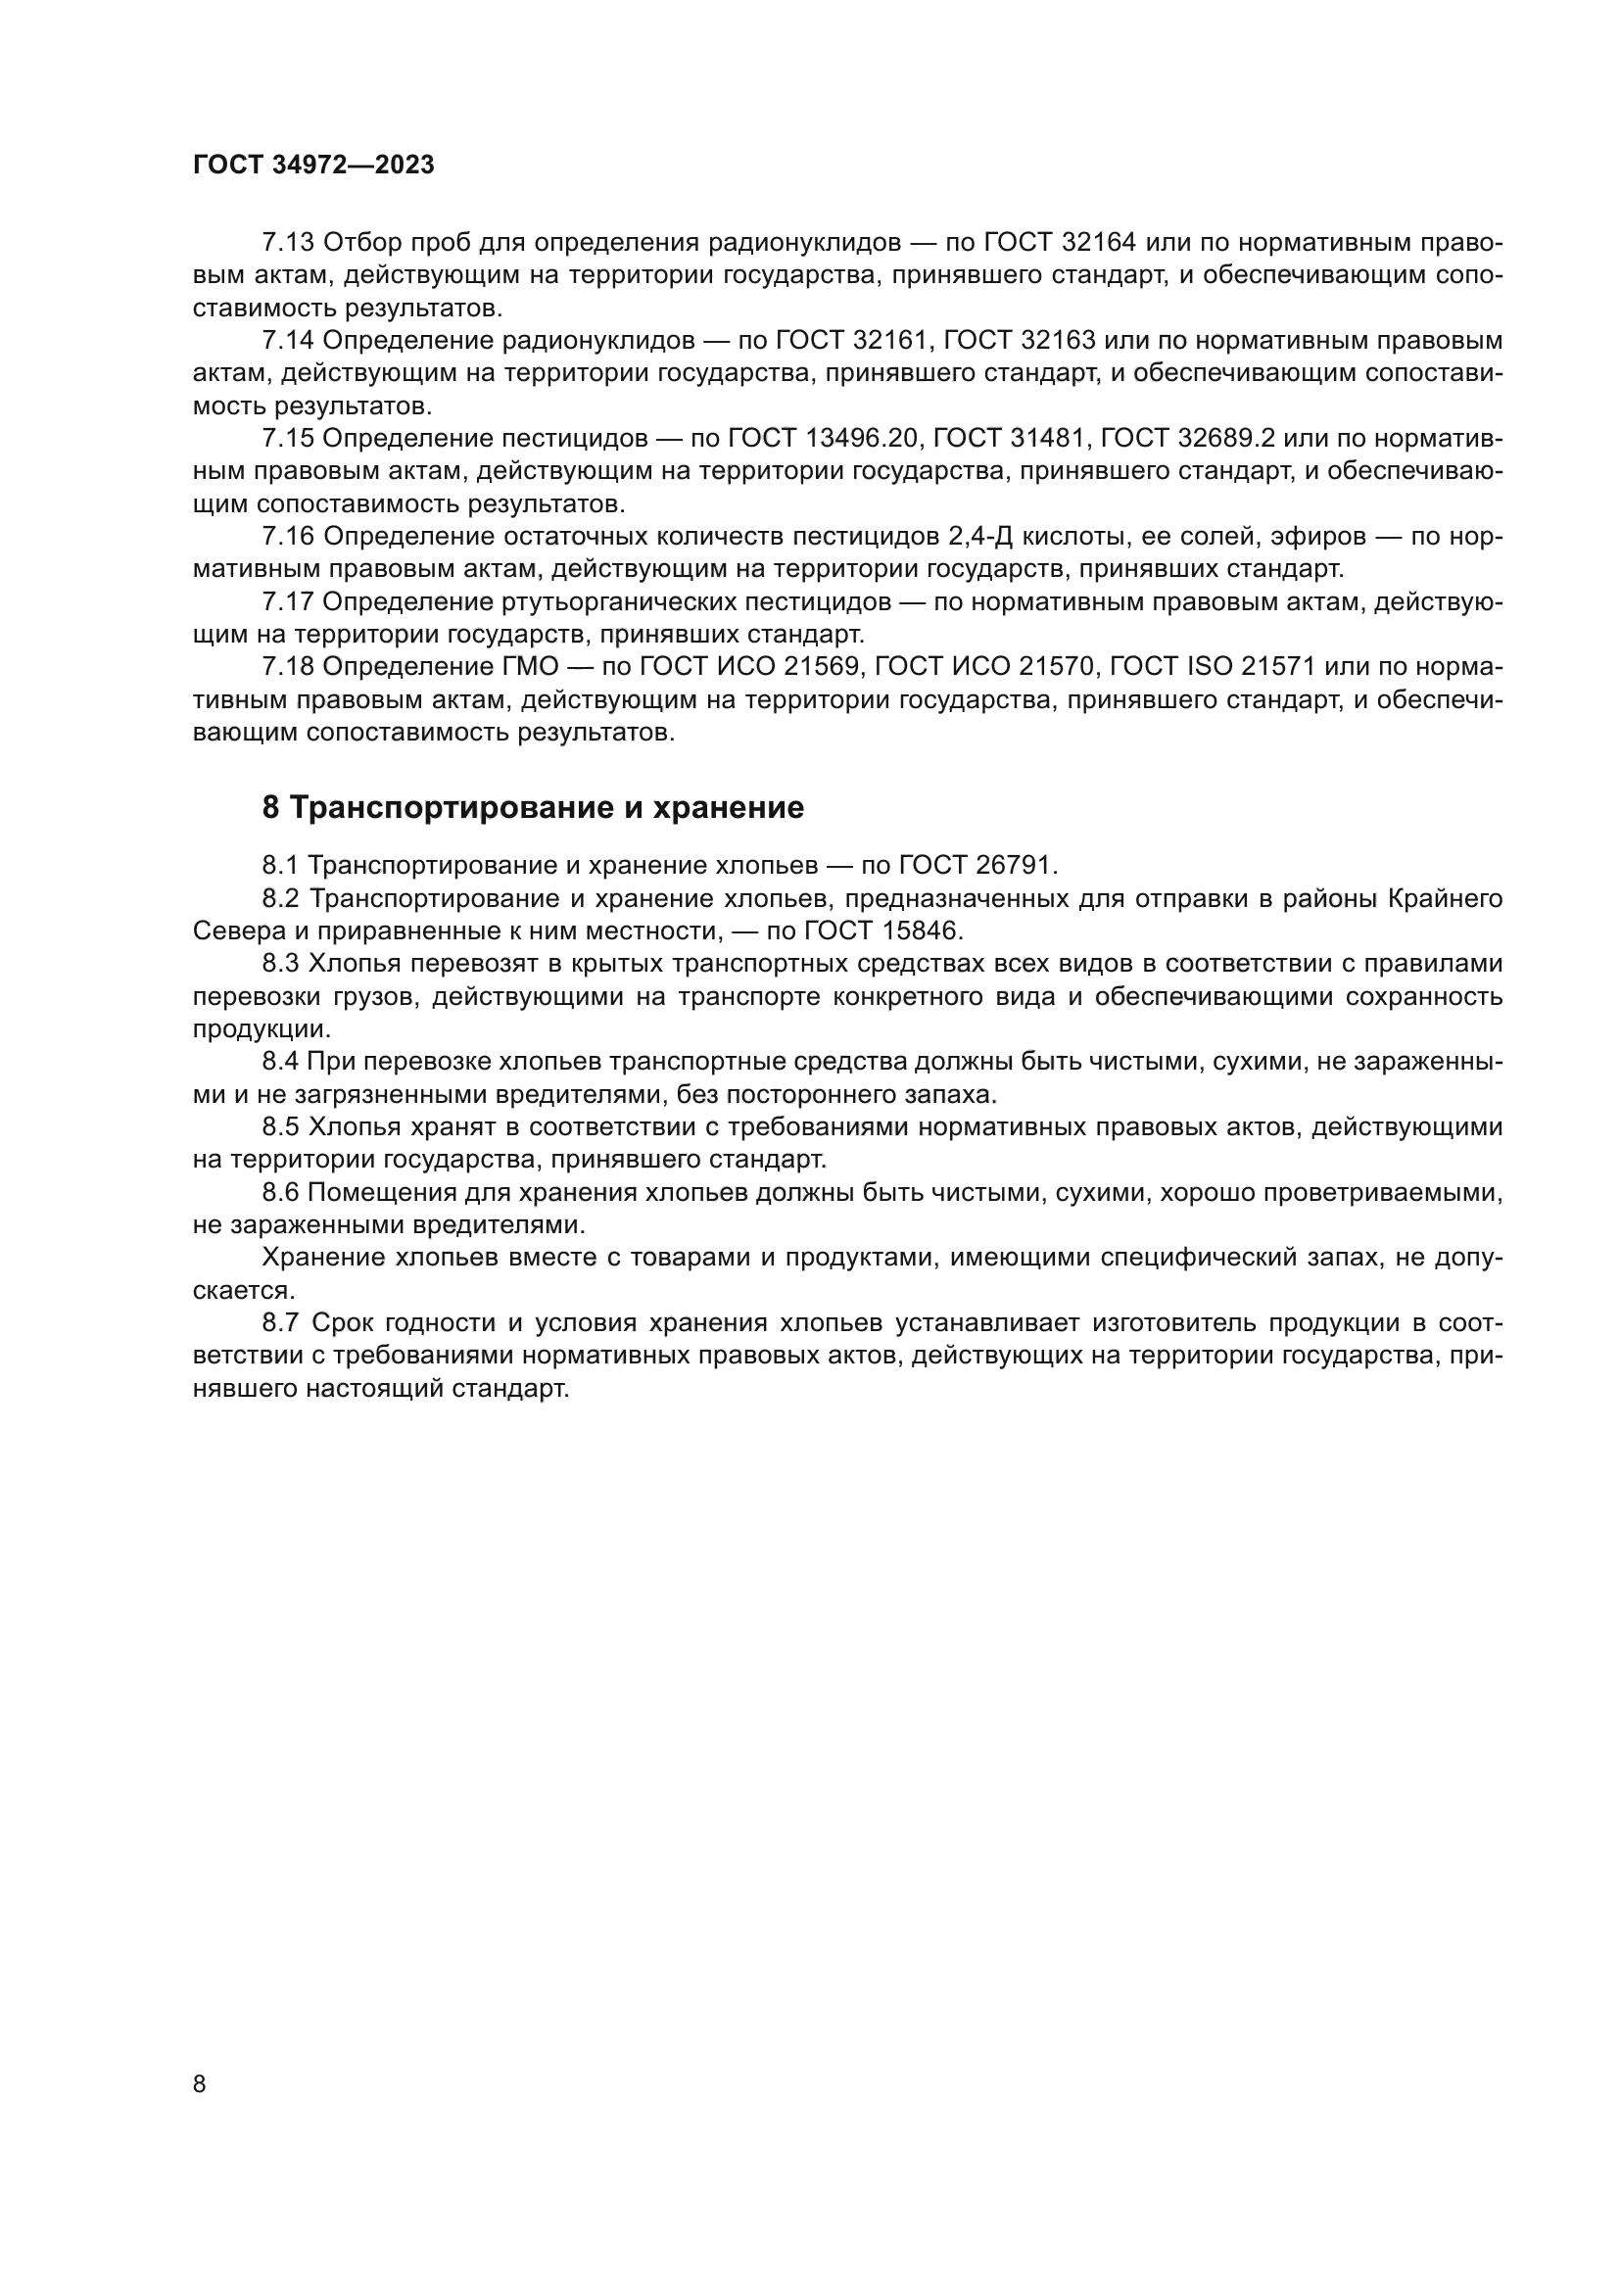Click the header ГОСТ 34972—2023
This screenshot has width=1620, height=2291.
coord(313,166)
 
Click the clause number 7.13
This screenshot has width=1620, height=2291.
coord(288,243)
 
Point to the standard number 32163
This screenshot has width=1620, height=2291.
coord(1059,340)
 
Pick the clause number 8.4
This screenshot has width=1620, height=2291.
coord(280,1062)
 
